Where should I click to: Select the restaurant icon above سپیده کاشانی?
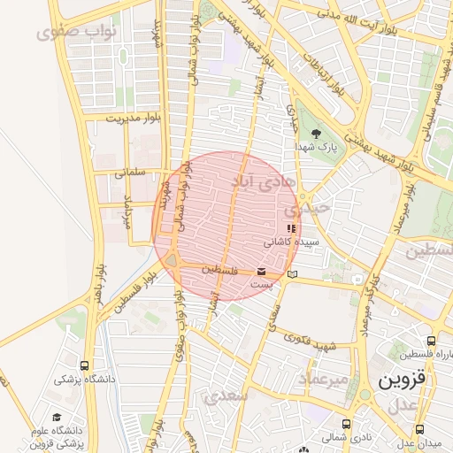pyautogui.click(x=292, y=229)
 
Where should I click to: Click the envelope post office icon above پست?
pyautogui.click(x=262, y=272)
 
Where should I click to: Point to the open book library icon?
pyautogui.click(x=292, y=281)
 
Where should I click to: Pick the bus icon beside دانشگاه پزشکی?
pyautogui.click(x=84, y=365)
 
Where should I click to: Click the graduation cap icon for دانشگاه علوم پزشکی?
pyautogui.click(x=58, y=417)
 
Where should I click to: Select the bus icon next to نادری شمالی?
pyautogui.click(x=346, y=423)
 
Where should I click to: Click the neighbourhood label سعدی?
pyautogui.click(x=226, y=397)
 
